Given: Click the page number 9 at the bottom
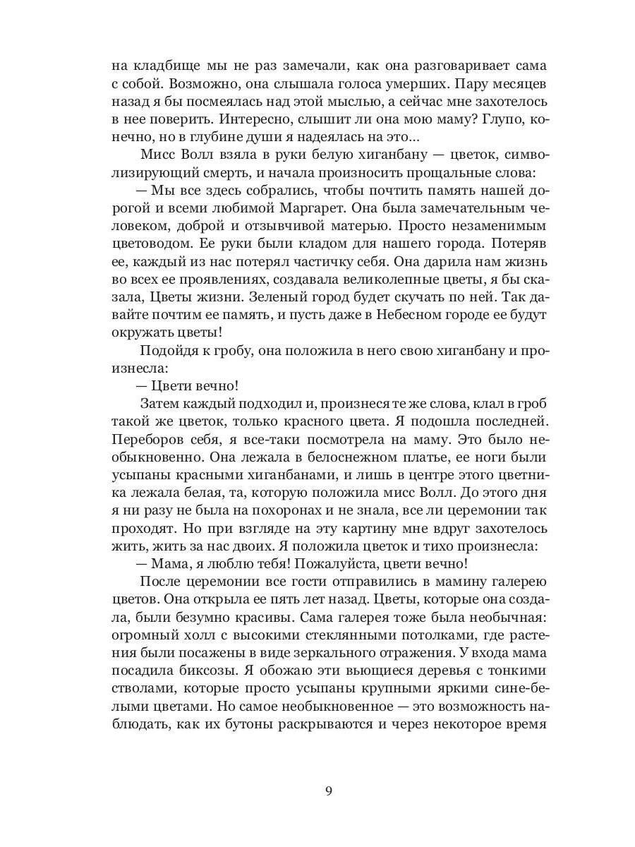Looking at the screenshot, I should (328, 790).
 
